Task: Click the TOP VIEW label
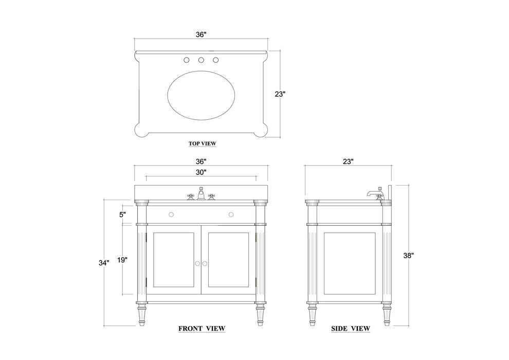click(202, 143)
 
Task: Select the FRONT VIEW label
click(202, 328)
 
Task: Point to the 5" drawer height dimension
click(122, 215)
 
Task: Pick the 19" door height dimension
click(121, 260)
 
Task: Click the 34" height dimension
click(104, 263)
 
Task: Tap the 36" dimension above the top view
click(201, 34)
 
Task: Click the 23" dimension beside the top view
click(280, 94)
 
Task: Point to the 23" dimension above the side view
click(348, 161)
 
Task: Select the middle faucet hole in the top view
click(202, 60)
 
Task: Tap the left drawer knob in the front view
click(172, 213)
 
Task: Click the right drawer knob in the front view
click(231, 213)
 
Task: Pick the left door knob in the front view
click(197, 263)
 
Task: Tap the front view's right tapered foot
click(260, 315)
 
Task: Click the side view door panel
click(349, 262)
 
